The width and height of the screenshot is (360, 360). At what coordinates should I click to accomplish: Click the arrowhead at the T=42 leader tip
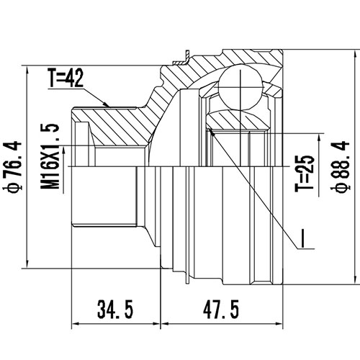pyautogui.click(x=108, y=106)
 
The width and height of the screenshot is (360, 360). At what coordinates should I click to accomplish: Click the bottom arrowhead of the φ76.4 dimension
pyautogui.click(x=27, y=264)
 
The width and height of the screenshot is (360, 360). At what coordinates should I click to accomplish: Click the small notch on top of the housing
pyautogui.click(x=186, y=53)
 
